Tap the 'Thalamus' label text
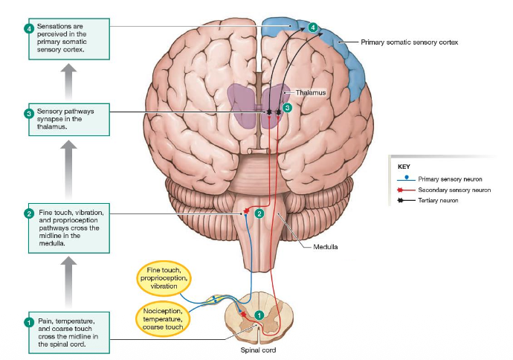[x=310, y=93]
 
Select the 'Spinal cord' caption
[x=259, y=350]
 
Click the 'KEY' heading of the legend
[x=404, y=167]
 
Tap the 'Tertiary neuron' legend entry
[x=438, y=201]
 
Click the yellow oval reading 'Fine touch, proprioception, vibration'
[x=163, y=277]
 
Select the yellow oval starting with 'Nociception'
[x=163, y=318]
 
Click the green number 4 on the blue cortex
[x=313, y=27]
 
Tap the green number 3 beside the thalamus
[x=287, y=107]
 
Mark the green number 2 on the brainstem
[x=259, y=213]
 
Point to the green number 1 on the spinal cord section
[x=259, y=315]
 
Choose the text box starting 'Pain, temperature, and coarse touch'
[x=68, y=331]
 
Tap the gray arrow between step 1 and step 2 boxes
[x=68, y=280]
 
